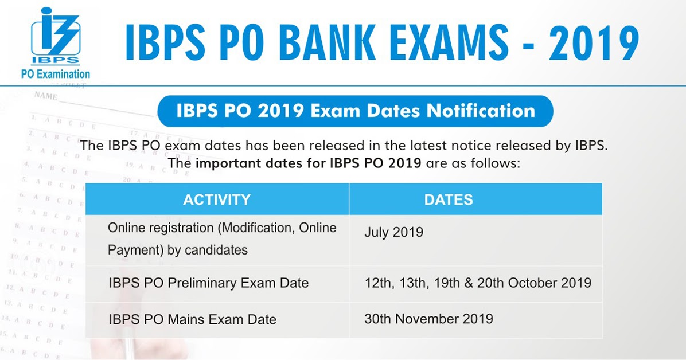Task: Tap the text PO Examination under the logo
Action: click(x=55, y=73)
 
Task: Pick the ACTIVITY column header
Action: click(x=217, y=199)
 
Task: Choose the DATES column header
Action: click(x=449, y=199)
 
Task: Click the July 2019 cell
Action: click(x=393, y=232)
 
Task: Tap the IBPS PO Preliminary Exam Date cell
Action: click(x=208, y=283)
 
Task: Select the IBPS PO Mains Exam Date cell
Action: click(x=192, y=319)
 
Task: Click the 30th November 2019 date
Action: click(x=428, y=319)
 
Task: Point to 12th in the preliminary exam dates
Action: click(x=377, y=283)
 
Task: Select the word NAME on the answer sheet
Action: click(x=45, y=96)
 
